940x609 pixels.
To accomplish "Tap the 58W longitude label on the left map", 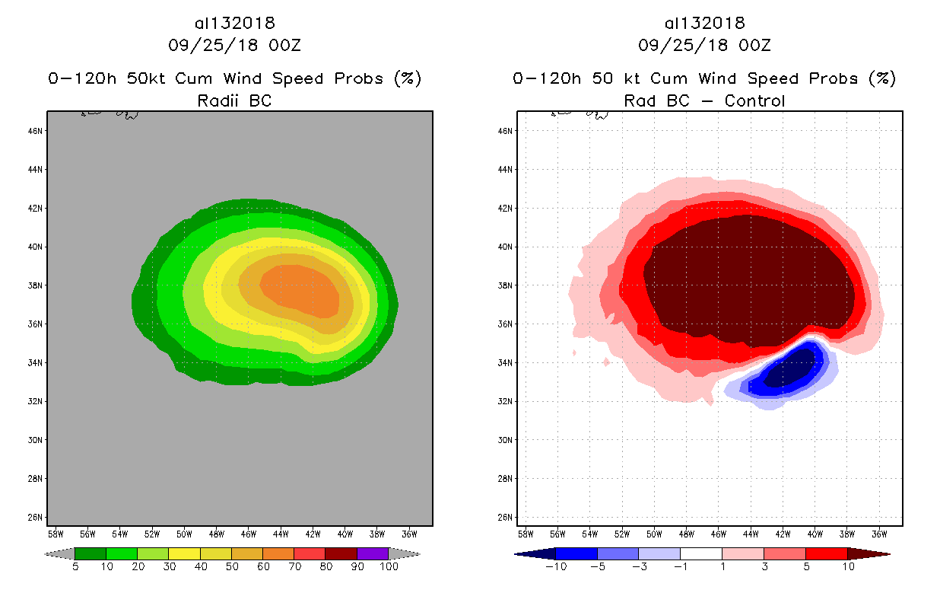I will pos(56,534).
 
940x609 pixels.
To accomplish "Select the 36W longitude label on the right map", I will pos(878,534).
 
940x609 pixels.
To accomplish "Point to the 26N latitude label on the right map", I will pos(506,518).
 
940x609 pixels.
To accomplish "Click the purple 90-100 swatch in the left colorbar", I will pos(373,553).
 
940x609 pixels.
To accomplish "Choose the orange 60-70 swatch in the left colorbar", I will pos(278,553).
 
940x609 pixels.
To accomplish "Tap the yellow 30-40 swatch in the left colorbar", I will pos(184,553).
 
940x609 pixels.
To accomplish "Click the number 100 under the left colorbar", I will pos(389,567).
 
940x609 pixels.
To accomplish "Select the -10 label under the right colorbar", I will pos(556,567).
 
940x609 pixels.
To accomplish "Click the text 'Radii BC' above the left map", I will pos(234,100).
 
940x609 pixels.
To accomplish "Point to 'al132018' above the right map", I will pos(704,24).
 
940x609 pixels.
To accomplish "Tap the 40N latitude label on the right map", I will pos(506,247).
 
